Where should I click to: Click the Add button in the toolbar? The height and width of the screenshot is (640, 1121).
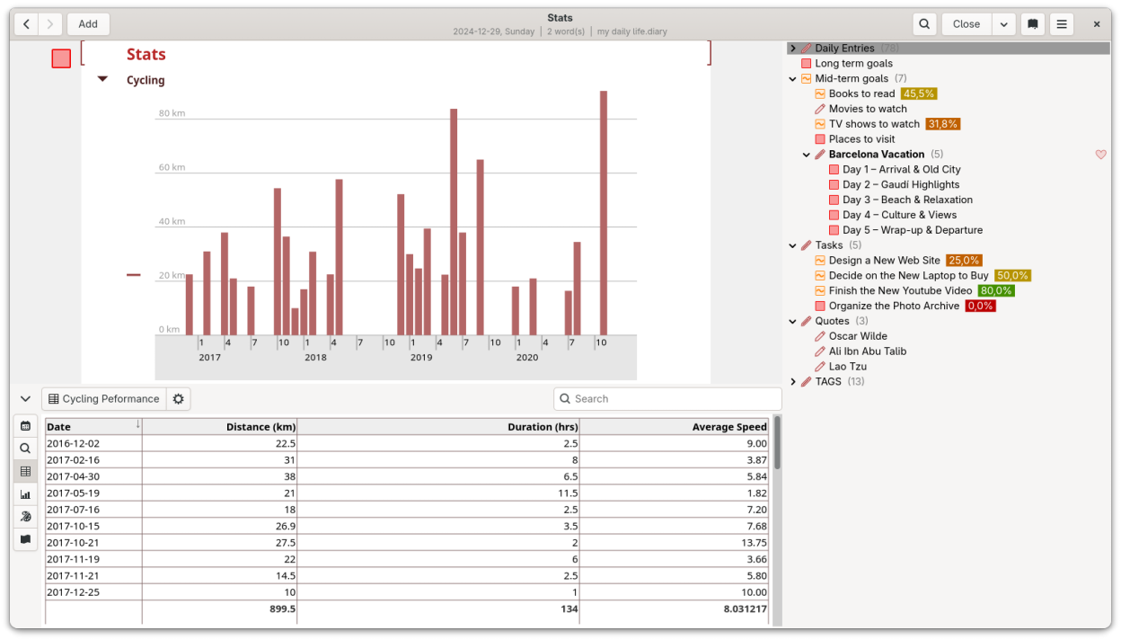[88, 24]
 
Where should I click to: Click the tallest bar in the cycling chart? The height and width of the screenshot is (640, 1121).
[604, 213]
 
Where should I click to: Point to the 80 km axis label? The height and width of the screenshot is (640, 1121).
[172, 113]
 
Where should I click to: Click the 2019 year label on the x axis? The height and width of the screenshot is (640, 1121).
[421, 358]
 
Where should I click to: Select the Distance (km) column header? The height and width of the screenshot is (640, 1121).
[260, 427]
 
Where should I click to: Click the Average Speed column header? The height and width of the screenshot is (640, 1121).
[729, 427]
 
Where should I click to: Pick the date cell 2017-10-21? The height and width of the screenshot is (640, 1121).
[73, 543]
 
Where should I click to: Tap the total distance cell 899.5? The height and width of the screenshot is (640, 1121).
[282, 609]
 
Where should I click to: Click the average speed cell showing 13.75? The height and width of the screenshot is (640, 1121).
[754, 543]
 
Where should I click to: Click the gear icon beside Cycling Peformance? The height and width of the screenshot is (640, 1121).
[178, 398]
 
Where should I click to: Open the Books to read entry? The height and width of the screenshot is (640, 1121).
[861, 93]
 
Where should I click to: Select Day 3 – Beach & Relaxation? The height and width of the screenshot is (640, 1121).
[907, 200]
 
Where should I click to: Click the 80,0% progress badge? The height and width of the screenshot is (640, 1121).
[996, 291]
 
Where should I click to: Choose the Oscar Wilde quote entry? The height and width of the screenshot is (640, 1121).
[858, 336]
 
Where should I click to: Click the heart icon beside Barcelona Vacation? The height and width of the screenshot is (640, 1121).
[1100, 155]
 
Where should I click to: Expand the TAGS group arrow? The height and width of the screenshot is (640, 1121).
[793, 382]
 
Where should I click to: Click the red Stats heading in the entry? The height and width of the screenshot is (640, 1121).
[146, 54]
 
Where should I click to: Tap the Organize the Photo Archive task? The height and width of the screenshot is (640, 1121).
[894, 306]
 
